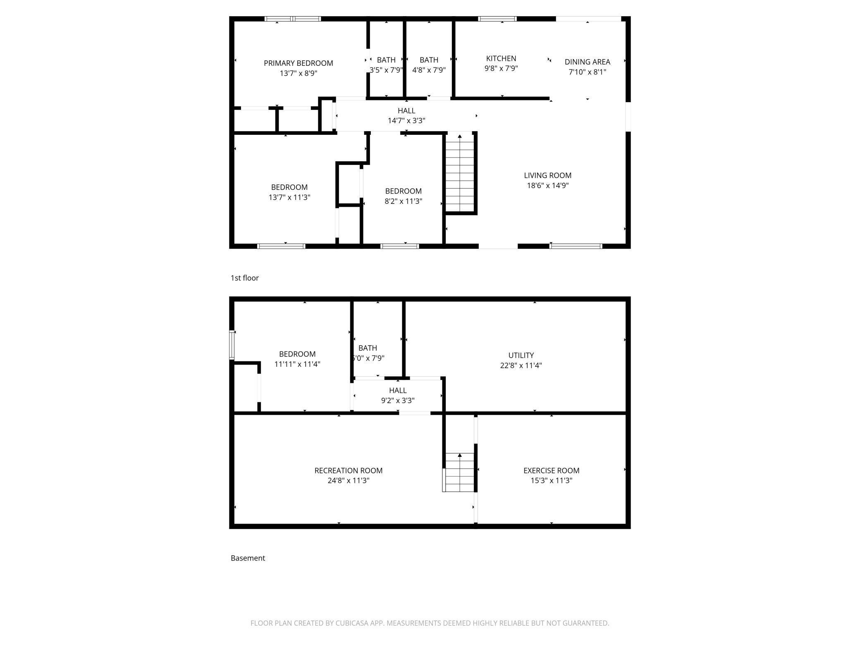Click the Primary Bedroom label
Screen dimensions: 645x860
(x=298, y=63)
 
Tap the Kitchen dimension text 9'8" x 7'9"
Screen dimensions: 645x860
(x=501, y=69)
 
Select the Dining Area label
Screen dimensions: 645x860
(x=587, y=62)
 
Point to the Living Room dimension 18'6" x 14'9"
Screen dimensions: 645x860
(x=547, y=186)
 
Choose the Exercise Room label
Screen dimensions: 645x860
(x=551, y=471)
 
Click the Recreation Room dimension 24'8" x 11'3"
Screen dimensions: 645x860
(x=348, y=481)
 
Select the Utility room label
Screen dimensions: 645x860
(x=521, y=356)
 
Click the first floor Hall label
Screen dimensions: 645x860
(x=406, y=111)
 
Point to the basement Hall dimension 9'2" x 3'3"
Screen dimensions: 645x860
(x=397, y=401)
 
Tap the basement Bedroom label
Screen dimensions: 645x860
(x=297, y=354)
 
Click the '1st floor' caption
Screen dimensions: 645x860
(x=244, y=278)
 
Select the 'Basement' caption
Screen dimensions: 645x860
(x=248, y=558)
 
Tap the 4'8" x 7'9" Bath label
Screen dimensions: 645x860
(x=429, y=60)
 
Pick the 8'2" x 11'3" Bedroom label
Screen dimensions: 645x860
(x=403, y=191)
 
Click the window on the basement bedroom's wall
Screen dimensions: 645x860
(x=232, y=344)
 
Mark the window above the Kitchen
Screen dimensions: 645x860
(x=497, y=19)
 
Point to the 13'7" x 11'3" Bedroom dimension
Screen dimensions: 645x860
(x=289, y=198)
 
